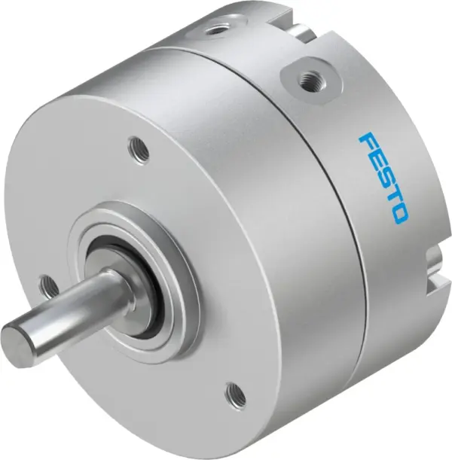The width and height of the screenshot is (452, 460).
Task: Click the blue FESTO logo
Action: pos(383,177)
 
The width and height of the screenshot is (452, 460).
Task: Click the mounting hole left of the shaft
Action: pos(50,285)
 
